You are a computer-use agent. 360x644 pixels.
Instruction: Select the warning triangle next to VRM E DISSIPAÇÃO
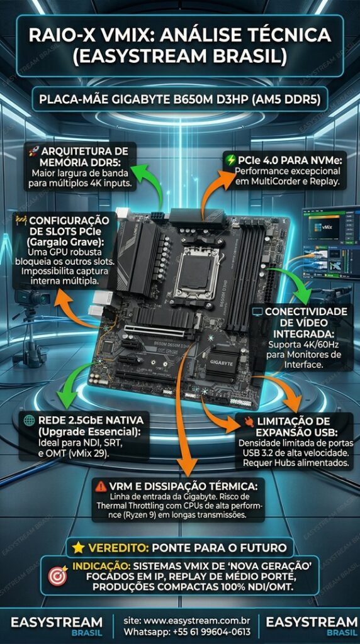(100, 486)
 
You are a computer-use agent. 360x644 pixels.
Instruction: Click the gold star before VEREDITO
(78, 547)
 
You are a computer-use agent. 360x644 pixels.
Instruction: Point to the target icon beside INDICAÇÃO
(57, 575)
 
